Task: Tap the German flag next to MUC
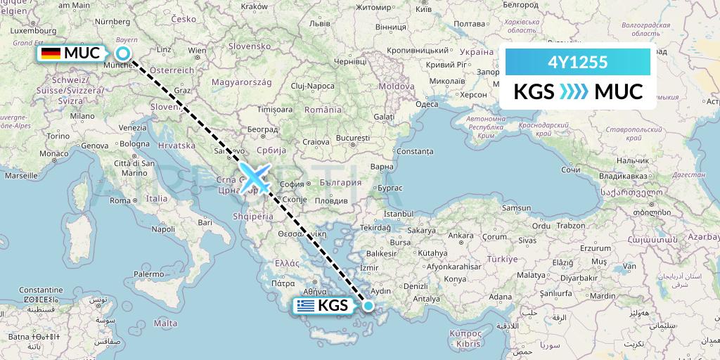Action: pos(50,53)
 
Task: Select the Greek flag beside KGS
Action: pos(304,306)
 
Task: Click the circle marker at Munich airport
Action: pos(124,53)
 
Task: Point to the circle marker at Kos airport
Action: pos(368,306)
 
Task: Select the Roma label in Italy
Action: pos(120,200)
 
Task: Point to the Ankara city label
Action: pos(461,236)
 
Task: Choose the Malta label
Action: pos(165,323)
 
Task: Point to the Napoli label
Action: pos(163,229)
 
